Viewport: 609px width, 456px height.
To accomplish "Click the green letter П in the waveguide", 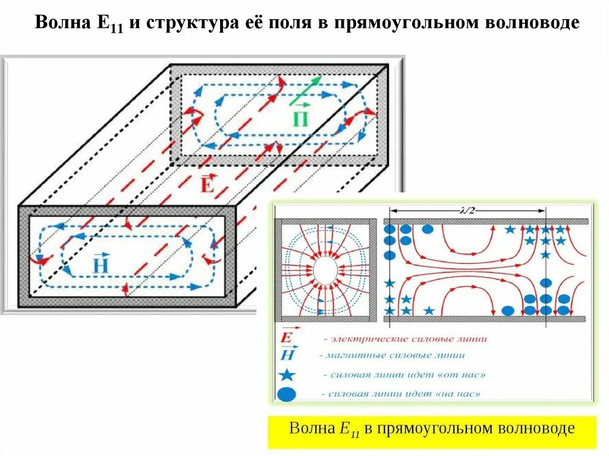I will pyautogui.click(x=301, y=119).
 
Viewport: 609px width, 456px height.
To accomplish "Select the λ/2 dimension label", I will pyautogui.click(x=467, y=210).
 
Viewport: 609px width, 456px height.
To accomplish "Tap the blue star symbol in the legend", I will pyautogui.click(x=287, y=375).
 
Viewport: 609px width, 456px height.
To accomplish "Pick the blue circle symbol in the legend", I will pyautogui.click(x=287, y=394).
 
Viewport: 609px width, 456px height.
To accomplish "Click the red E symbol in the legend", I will pyautogui.click(x=286, y=338).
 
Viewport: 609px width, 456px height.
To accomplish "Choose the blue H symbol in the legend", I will pyautogui.click(x=286, y=355).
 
